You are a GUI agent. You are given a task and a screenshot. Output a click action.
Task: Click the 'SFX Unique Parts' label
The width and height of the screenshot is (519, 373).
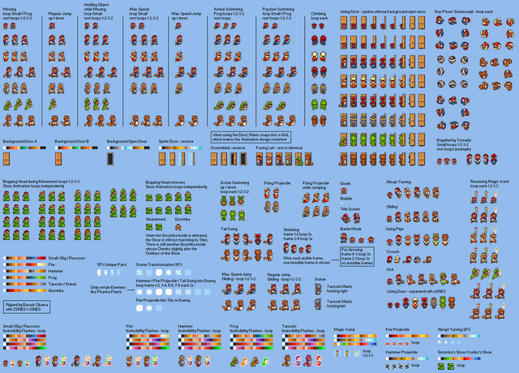110,265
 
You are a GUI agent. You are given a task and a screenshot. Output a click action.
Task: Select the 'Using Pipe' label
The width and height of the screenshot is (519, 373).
395,229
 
